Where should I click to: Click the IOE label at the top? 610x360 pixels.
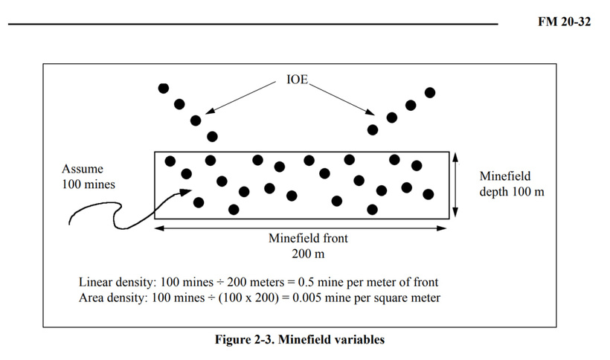[298, 80]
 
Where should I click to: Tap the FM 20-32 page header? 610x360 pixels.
[564, 22]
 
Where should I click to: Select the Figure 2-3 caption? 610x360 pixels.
[300, 339]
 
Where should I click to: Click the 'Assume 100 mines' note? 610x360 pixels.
[89, 176]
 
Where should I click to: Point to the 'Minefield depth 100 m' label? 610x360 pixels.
[512, 184]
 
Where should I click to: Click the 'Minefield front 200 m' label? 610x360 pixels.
[308, 245]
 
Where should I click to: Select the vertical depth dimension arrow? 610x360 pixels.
[455, 184]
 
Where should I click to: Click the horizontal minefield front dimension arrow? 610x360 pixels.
[301, 228]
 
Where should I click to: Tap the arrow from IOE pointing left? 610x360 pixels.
[240, 98]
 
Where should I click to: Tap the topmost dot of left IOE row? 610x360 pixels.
[164, 89]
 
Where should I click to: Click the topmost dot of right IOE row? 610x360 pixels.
[430, 92]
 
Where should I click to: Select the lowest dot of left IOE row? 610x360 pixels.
[212, 136]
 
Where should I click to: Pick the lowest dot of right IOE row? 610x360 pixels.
[373, 130]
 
